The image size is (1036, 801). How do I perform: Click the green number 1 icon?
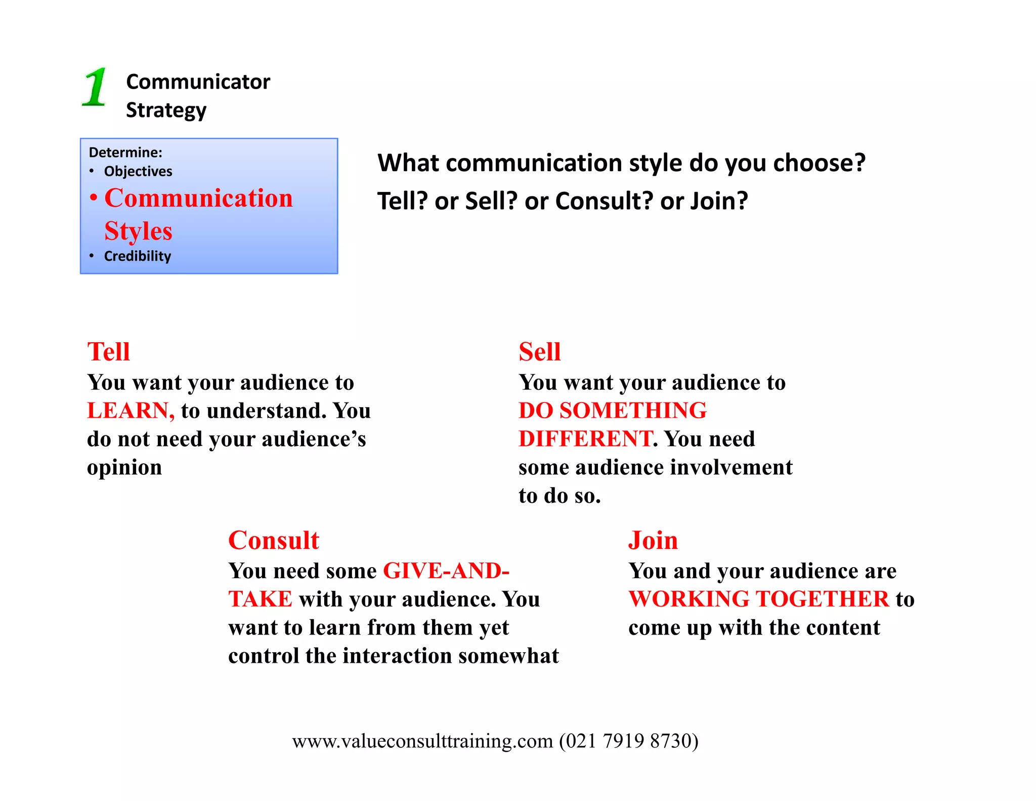click(95, 87)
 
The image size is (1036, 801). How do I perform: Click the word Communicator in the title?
click(198, 82)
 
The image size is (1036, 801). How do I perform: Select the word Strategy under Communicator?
click(166, 110)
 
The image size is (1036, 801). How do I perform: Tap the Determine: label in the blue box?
click(125, 152)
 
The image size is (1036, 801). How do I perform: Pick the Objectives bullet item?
click(138, 172)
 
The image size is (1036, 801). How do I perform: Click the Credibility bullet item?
click(137, 256)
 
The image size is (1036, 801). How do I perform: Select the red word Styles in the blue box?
click(138, 231)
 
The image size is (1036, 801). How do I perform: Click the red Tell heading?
click(108, 351)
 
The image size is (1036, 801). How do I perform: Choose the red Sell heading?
click(540, 351)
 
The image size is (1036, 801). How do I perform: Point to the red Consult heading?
click(274, 540)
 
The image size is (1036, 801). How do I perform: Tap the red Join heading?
click(653, 540)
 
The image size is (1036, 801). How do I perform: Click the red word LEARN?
click(130, 411)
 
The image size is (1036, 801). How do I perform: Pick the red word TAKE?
click(260, 599)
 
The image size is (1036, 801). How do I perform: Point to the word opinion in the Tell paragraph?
click(124, 468)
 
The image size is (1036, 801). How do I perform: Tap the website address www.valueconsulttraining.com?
click(422, 741)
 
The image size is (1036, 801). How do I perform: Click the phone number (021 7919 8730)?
click(628, 741)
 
